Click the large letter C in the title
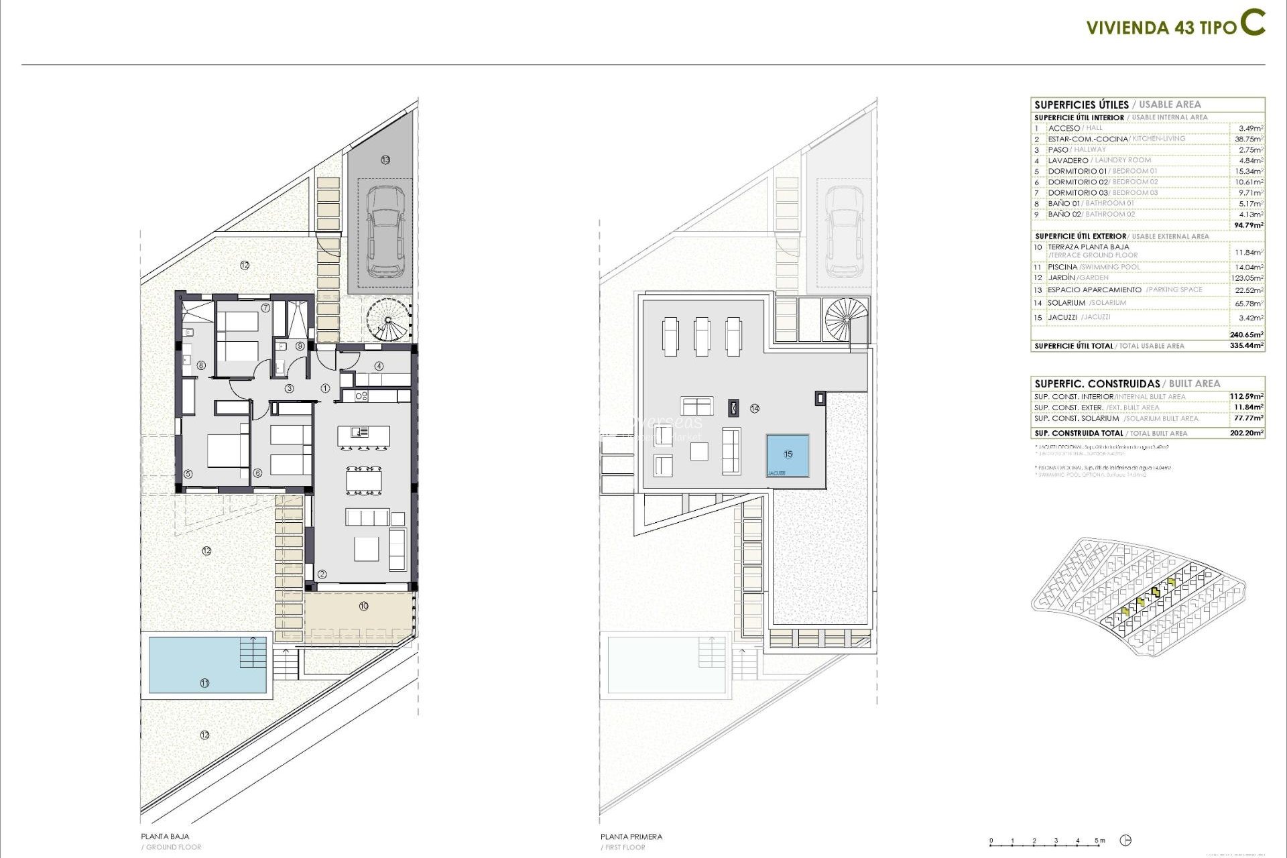coord(1251,23)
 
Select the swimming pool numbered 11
coord(207,664)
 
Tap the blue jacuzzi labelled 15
coord(788,455)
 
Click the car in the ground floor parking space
coord(385,231)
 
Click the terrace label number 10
coord(363,606)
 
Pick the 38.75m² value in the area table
coord(1249,139)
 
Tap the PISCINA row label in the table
coord(1062,267)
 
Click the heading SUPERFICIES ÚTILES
coord(1081,105)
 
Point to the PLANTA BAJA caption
coord(165,837)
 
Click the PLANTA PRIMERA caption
coord(631,837)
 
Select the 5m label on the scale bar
coord(1100,841)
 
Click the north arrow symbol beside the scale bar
coord(1126,841)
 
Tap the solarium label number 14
coord(755,408)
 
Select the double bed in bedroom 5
coord(227,451)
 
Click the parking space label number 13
coord(385,160)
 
